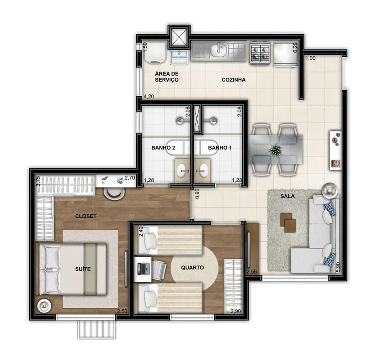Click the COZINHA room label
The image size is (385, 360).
tap(234, 80)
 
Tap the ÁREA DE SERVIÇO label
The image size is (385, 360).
tap(167, 77)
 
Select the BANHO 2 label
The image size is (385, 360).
tap(163, 148)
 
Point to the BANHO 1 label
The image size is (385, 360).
tap(220, 148)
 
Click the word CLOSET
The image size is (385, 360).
tap(86, 216)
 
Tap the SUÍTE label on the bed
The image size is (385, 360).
tap(83, 269)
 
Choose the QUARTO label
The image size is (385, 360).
tap(193, 267)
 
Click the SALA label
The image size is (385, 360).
tap(288, 196)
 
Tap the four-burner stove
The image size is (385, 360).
tap(260, 53)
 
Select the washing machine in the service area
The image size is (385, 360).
tap(155, 53)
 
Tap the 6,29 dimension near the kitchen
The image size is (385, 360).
tap(295, 47)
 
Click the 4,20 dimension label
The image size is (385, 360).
tap(149, 96)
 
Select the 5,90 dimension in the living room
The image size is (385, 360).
tap(339, 267)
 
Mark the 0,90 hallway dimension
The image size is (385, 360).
tap(197, 194)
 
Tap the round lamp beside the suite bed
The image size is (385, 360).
tap(44, 306)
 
